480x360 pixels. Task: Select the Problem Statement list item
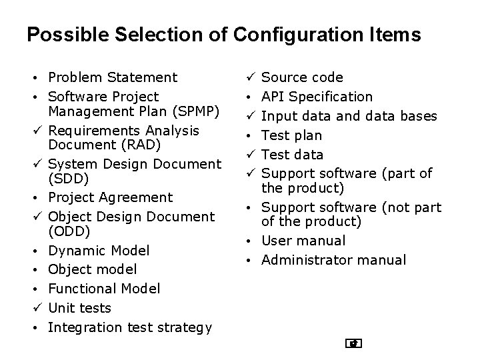tap(113, 78)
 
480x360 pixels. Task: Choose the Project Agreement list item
tap(111, 197)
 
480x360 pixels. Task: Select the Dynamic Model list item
tap(99, 251)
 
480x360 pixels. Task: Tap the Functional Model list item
tap(104, 289)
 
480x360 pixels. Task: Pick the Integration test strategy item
tap(130, 327)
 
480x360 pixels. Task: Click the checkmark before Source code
tap(251, 78)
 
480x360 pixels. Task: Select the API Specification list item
tap(317, 97)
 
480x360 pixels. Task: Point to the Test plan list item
tap(291, 135)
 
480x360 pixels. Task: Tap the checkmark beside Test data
tap(251, 155)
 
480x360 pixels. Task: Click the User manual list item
tap(303, 241)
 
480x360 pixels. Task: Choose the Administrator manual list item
tap(333, 260)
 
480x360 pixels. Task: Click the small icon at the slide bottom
tap(354, 344)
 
